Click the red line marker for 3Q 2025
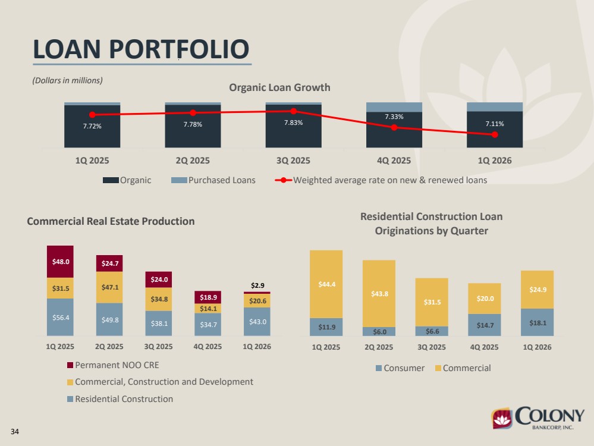[x=294, y=111]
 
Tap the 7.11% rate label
[x=495, y=124]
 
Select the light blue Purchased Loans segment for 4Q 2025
[x=394, y=107]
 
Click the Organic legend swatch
[x=111, y=180]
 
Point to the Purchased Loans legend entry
[x=213, y=180]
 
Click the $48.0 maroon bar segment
[x=60, y=262]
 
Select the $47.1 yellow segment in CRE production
[x=109, y=287]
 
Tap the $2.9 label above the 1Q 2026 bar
[x=257, y=285]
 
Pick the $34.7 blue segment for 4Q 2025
[x=208, y=324]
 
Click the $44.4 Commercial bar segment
[x=326, y=284]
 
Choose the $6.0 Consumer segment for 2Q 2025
[x=379, y=332]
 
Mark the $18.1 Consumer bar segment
[x=537, y=322]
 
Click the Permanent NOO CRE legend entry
[x=113, y=365]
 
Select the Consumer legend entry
[x=400, y=368]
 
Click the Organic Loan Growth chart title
[x=279, y=87]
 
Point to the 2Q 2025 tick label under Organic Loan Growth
[x=193, y=161]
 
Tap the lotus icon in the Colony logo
[x=502, y=418]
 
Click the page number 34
[x=15, y=432]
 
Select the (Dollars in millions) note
[x=67, y=80]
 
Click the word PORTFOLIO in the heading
[x=179, y=49]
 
